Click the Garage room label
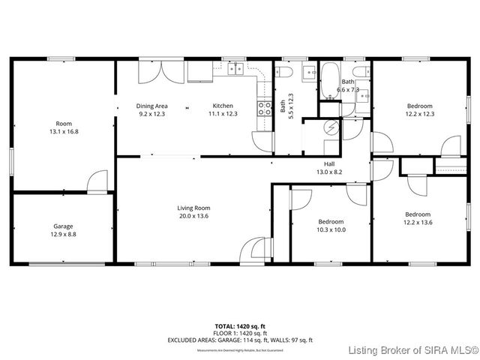(63, 226)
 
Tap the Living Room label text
(193, 208)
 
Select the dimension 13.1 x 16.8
(63, 131)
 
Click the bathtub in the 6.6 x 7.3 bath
(330, 84)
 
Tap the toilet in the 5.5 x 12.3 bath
(283, 73)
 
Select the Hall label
(329, 163)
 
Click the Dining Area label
(151, 106)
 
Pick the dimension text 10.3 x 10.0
(331, 230)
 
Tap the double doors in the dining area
(160, 73)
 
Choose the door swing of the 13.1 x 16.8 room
(97, 181)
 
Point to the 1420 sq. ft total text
(239, 326)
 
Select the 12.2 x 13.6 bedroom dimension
(418, 223)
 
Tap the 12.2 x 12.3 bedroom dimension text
(420, 114)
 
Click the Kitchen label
(223, 106)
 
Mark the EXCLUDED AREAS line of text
(239, 340)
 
